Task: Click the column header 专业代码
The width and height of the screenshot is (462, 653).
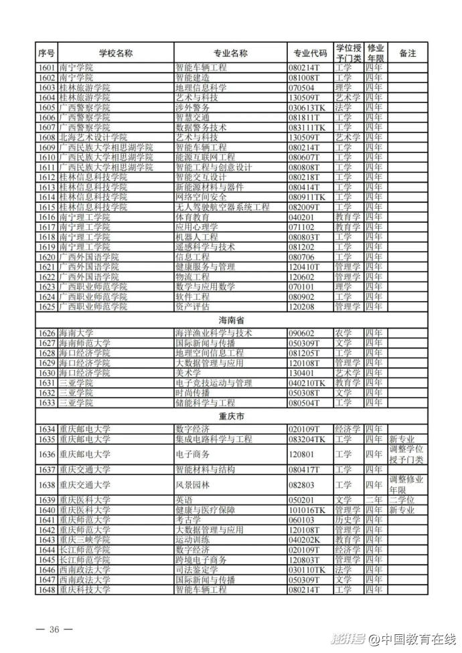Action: pyautogui.click(x=310, y=53)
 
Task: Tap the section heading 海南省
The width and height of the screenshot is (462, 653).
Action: pyautogui.click(x=231, y=320)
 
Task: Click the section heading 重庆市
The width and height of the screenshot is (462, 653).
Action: pyautogui.click(x=231, y=416)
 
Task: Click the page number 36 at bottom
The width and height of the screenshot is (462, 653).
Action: pyautogui.click(x=55, y=630)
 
